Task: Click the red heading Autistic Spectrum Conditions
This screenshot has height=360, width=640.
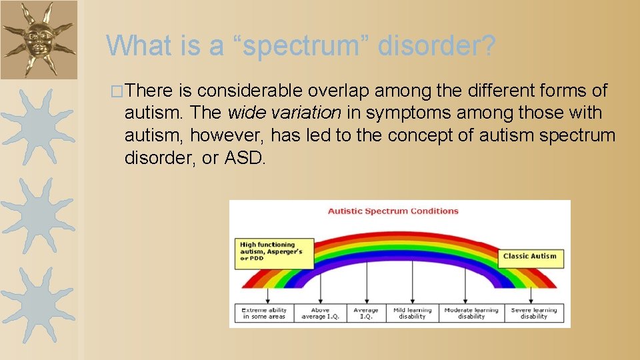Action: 393,211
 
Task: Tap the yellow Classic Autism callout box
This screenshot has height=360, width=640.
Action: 531,257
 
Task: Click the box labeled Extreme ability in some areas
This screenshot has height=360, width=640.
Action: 264,313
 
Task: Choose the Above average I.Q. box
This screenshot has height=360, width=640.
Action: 321,313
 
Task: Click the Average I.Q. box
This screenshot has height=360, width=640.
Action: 365,313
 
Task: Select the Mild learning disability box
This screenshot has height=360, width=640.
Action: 412,313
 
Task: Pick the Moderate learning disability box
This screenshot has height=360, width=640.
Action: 471,313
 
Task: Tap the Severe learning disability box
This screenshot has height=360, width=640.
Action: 533,313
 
